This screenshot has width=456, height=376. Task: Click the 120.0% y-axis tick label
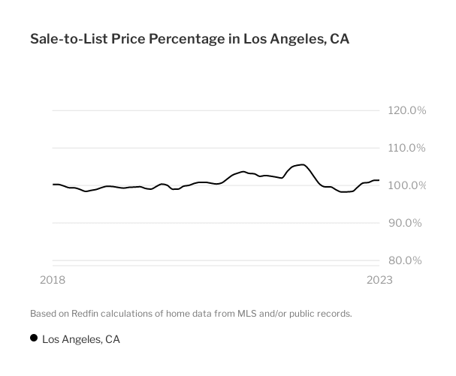tap(407, 110)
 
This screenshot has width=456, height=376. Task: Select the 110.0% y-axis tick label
tap(407, 148)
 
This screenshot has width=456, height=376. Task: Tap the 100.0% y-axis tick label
tap(407, 185)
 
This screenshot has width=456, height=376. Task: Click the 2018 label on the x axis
tap(52, 280)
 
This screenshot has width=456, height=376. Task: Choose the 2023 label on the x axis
tap(379, 280)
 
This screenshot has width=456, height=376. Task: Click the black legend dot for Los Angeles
tap(34, 338)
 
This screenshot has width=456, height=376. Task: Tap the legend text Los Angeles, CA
tap(81, 339)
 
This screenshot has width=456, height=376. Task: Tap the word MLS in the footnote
tap(249, 313)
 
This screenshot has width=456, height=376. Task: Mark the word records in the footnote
tap(333, 313)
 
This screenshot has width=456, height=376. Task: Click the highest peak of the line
tap(302, 164)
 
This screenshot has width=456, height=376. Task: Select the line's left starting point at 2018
tap(53, 184)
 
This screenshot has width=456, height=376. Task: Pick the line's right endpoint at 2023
tap(379, 180)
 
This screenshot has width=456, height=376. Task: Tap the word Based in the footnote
tap(44, 313)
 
